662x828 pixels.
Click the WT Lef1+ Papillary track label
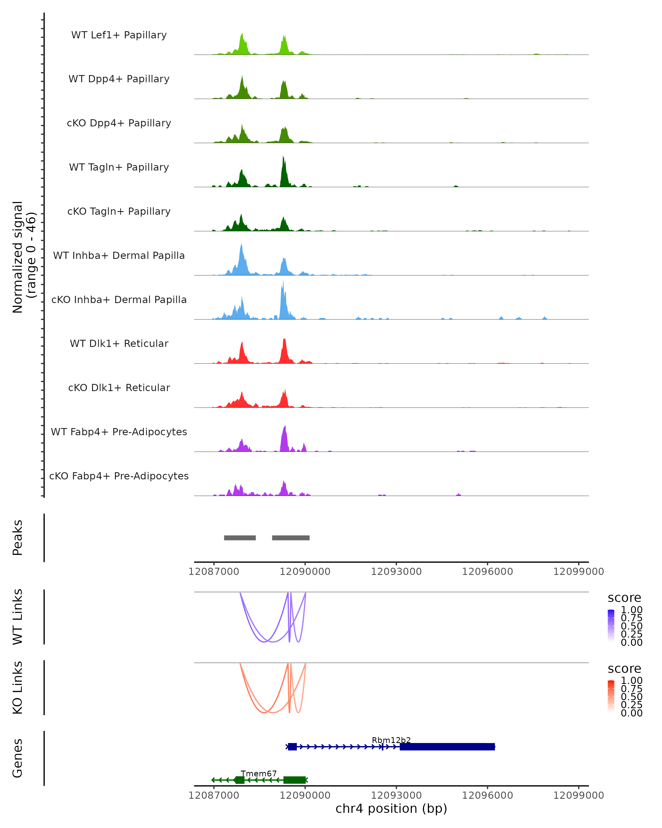tap(119, 35)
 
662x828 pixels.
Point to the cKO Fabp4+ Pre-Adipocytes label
tap(119, 476)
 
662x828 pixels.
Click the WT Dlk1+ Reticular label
tap(119, 343)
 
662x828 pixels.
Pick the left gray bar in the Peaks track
tap(240, 538)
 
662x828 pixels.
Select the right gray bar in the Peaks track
tap(290, 538)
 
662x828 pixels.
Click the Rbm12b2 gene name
tap(391, 740)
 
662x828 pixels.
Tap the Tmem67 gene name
tap(258, 773)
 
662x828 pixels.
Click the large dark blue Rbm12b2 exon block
tap(447, 747)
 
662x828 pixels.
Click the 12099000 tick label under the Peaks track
tap(578, 572)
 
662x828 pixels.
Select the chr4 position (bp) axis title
tap(391, 809)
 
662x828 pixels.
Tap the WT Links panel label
tap(18, 617)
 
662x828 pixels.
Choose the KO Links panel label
tap(18, 688)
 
